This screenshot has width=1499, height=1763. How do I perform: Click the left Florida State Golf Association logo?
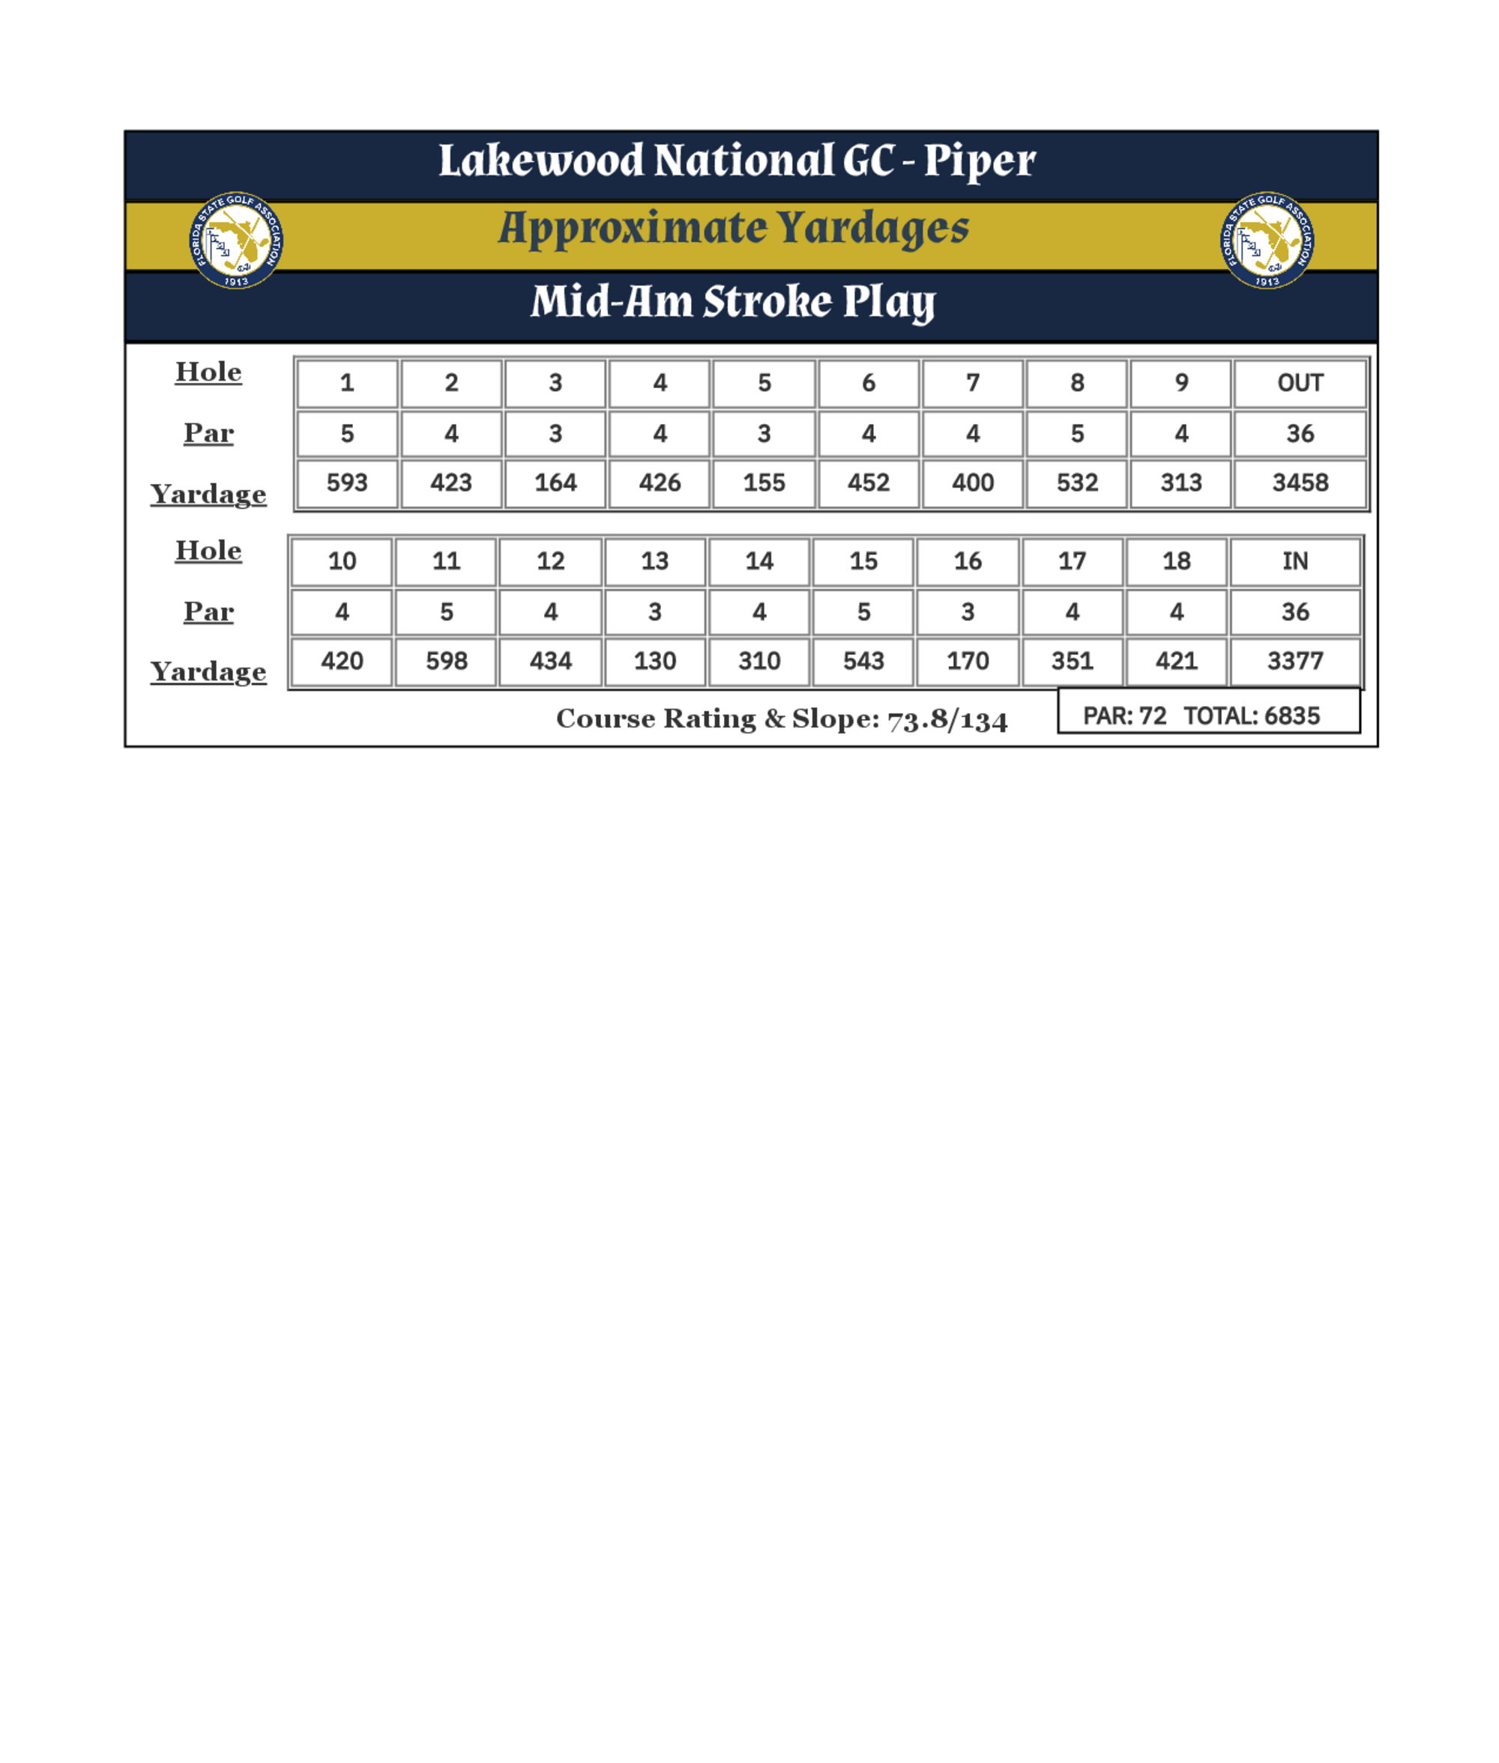tap(236, 241)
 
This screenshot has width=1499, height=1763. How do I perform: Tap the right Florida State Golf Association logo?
tap(1267, 241)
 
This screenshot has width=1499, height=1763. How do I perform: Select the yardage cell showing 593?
tap(347, 483)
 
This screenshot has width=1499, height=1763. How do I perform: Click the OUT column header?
tap(1300, 383)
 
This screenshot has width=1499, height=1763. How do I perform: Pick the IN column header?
tap(1294, 562)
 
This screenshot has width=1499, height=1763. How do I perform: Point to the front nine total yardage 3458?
tap(1300, 483)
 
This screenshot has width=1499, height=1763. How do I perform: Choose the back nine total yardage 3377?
tap(1294, 661)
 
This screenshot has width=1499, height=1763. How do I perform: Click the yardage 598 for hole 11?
tap(446, 661)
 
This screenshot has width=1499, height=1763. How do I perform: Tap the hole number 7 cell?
tap(972, 383)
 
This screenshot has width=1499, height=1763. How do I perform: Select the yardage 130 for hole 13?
tap(654, 661)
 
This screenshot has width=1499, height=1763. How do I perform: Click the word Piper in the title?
tap(979, 161)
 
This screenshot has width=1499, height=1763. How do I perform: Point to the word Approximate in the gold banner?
tap(633, 229)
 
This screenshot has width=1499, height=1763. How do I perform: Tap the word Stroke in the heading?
tap(767, 303)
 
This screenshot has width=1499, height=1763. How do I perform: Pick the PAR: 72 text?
tap(1124, 716)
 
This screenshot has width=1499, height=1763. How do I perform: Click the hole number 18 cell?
tap(1176, 562)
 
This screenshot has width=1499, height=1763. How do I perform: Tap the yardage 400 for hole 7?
tap(972, 483)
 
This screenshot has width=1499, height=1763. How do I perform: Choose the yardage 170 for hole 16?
tap(967, 661)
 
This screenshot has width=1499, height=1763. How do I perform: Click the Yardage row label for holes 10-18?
tap(208, 672)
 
